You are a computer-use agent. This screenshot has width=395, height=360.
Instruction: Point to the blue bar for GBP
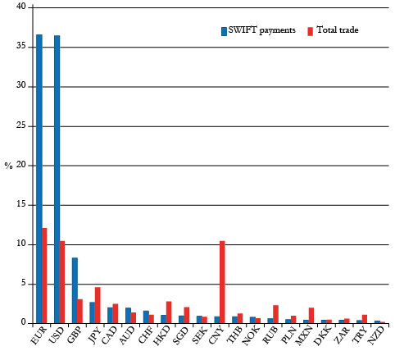pyautogui.click(x=75, y=290)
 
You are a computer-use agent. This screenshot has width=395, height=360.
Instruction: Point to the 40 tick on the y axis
pyautogui.click(x=22, y=7)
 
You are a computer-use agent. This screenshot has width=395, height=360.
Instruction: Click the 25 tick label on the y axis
pyautogui.click(x=22, y=125)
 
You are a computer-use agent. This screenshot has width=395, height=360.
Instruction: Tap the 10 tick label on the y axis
pyautogui.click(x=22, y=244)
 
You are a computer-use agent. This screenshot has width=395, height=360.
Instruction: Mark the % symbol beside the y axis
pyautogui.click(x=8, y=166)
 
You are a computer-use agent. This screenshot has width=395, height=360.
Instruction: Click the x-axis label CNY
pyautogui.click(x=216, y=339)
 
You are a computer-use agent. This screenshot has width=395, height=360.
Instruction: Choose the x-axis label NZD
pyautogui.click(x=376, y=339)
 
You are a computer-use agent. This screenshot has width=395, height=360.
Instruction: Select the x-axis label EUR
pyautogui.click(x=38, y=339)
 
